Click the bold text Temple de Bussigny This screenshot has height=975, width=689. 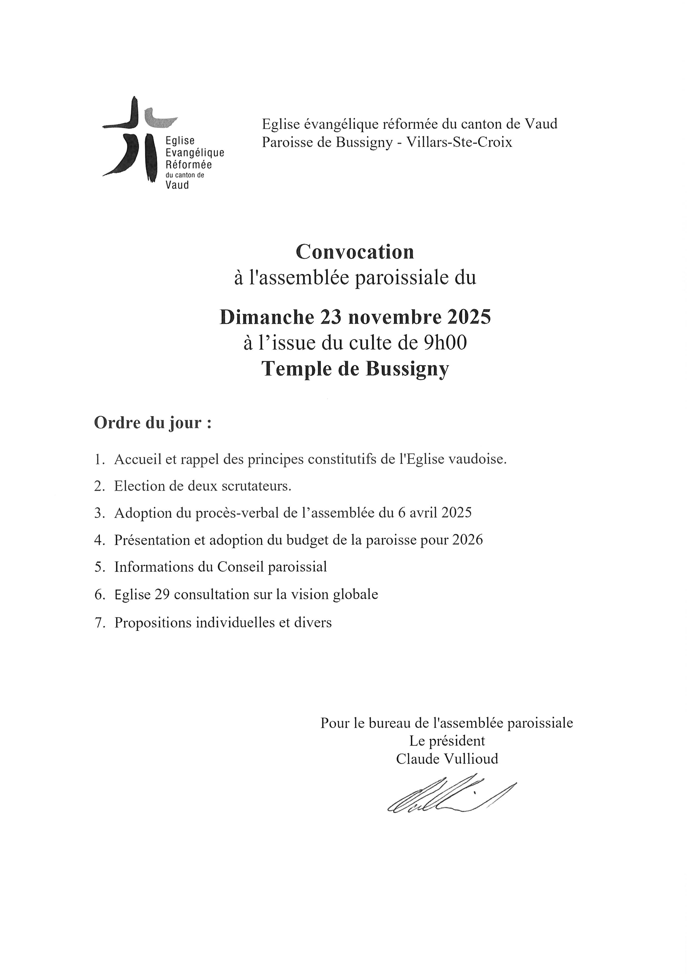pyautogui.click(x=355, y=369)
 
